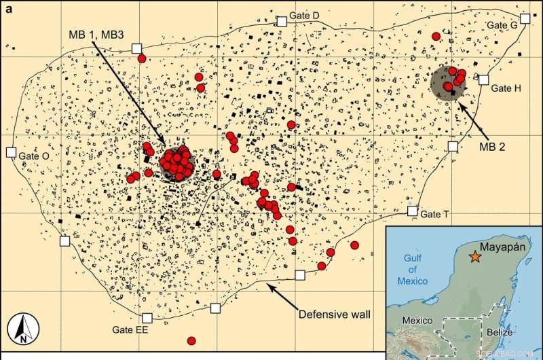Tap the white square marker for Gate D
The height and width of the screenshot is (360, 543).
[x=282, y=21]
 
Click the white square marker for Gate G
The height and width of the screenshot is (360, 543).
[x=525, y=18]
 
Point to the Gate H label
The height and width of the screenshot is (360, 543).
[x=506, y=88]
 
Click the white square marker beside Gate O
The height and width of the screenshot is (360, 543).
[x=11, y=153]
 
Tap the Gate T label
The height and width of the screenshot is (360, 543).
[x=435, y=214]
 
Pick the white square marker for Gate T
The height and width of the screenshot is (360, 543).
[x=412, y=211]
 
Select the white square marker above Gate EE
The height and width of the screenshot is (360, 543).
[x=147, y=317]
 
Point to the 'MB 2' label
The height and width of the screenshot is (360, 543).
[x=498, y=145]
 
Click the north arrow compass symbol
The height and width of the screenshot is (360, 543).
[x=22, y=329]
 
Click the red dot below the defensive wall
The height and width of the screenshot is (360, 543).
[x=191, y=340]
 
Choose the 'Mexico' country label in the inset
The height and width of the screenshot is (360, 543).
[x=418, y=319]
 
